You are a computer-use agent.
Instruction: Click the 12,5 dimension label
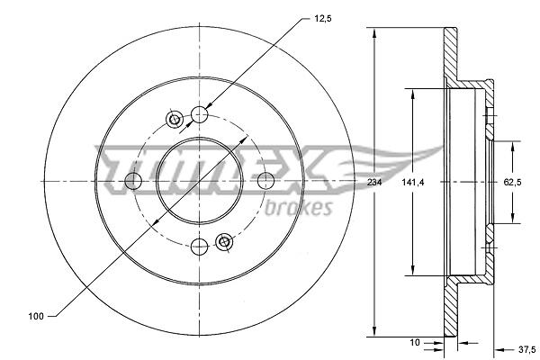(x=323, y=19)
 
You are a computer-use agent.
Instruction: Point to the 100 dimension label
(x=36, y=316)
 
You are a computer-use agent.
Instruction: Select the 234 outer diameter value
(x=374, y=182)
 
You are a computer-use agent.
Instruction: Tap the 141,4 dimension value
(x=412, y=182)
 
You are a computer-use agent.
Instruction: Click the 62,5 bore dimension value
(x=512, y=182)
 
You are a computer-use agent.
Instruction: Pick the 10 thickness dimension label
(x=415, y=342)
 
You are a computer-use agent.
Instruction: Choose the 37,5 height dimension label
(x=526, y=350)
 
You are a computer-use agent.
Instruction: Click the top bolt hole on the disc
(x=200, y=114)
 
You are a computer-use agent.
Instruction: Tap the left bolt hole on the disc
(x=133, y=181)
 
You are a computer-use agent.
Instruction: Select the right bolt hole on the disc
(x=266, y=181)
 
